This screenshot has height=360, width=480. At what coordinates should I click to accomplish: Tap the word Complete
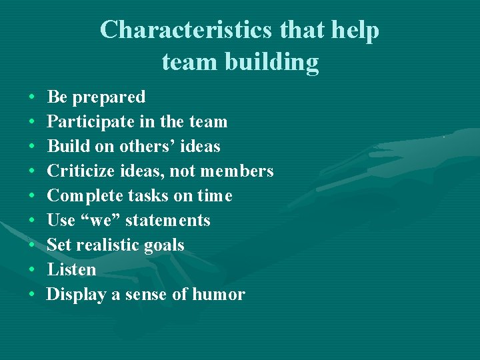pos(83,196)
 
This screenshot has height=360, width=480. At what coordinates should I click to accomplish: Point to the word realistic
pos(106,245)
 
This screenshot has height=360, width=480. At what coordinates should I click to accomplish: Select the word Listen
pos(71,269)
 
